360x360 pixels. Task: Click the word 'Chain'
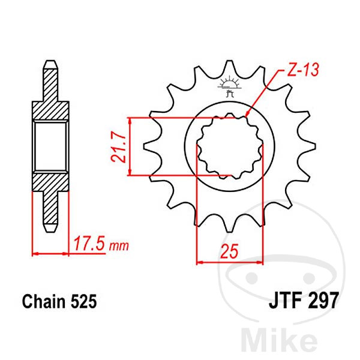pos(43,299)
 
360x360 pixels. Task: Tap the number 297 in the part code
pos(322,299)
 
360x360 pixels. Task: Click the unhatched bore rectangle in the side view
pos(51,146)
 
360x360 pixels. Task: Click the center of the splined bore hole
pos(231,146)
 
